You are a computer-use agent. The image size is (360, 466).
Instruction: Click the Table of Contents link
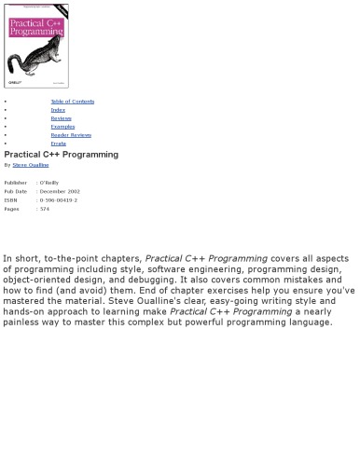coord(72,102)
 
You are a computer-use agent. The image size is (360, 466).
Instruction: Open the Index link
coord(58,110)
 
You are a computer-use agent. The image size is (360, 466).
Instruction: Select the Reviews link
coord(61,118)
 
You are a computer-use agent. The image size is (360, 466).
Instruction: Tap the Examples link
coord(62,127)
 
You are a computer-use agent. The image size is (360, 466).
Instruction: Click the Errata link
coord(58,144)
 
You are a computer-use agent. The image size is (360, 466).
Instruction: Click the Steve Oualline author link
coord(31,165)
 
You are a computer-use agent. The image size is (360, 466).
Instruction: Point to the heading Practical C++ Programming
coord(61,155)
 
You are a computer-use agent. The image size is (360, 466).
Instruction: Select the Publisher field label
coord(15,183)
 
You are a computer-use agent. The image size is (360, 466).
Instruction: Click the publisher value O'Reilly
coord(49,183)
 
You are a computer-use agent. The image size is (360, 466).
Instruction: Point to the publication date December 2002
coord(60,191)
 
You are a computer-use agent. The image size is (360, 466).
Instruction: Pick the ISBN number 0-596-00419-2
coord(59,200)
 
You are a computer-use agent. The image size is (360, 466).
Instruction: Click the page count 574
coord(45,209)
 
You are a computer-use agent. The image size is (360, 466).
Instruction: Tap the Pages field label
coord(11,209)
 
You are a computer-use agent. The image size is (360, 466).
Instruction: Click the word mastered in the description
coord(28,301)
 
